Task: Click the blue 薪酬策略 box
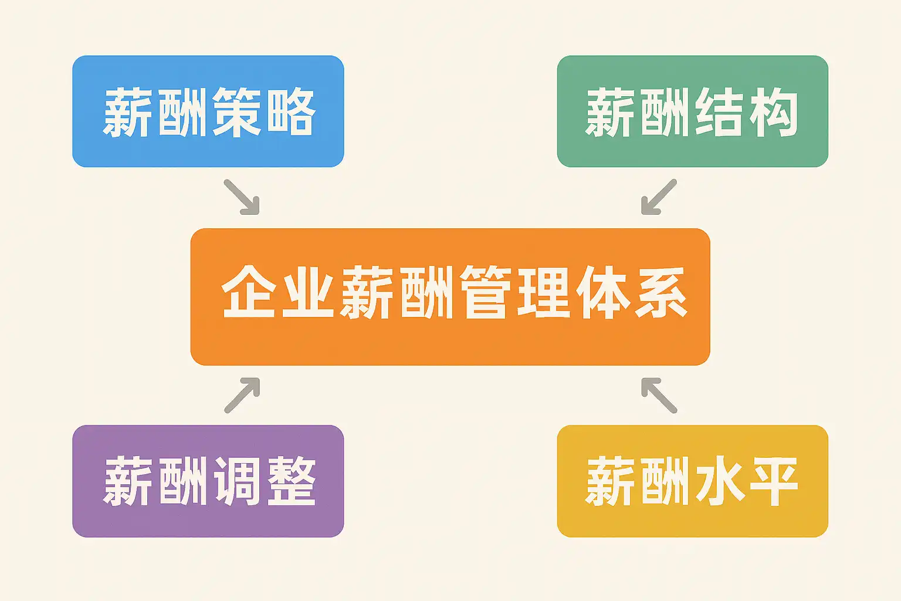click(208, 111)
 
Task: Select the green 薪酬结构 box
click(692, 111)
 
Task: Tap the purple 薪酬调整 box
click(208, 481)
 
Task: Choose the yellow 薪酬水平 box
click(692, 481)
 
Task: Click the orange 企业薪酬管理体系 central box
click(450, 296)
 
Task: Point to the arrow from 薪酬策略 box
click(241, 197)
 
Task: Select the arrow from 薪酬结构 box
click(659, 197)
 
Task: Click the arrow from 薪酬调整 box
click(242, 395)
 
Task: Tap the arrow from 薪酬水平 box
click(659, 395)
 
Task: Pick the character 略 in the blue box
click(291, 112)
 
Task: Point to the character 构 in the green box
click(773, 112)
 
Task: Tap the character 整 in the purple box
click(291, 481)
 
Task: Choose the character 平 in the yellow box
click(773, 481)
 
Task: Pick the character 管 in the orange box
click(483, 292)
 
